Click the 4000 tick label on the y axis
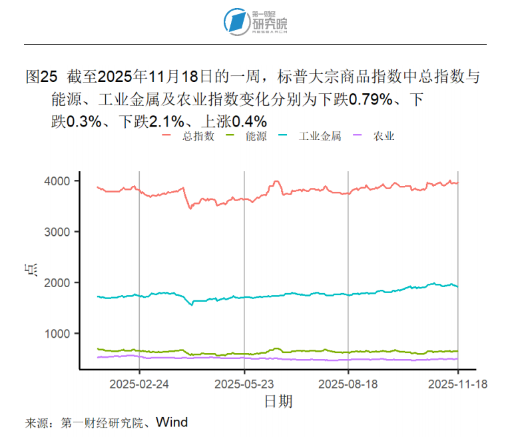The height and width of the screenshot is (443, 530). tap(59, 181)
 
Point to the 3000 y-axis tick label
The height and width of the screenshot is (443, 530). tap(59, 232)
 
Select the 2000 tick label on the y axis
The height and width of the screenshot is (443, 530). tap(59, 282)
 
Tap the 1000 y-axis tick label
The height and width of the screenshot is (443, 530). tap(59, 334)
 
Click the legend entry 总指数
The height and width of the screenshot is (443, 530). tap(197, 136)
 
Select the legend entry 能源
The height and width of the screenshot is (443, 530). tap(256, 136)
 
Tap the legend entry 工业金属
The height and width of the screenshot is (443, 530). tap(320, 136)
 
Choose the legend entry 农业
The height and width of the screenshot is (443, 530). tap(384, 136)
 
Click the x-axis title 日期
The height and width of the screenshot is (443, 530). tap(278, 401)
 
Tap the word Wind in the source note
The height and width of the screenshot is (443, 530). tap(172, 422)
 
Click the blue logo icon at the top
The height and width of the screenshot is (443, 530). tap(235, 21)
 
